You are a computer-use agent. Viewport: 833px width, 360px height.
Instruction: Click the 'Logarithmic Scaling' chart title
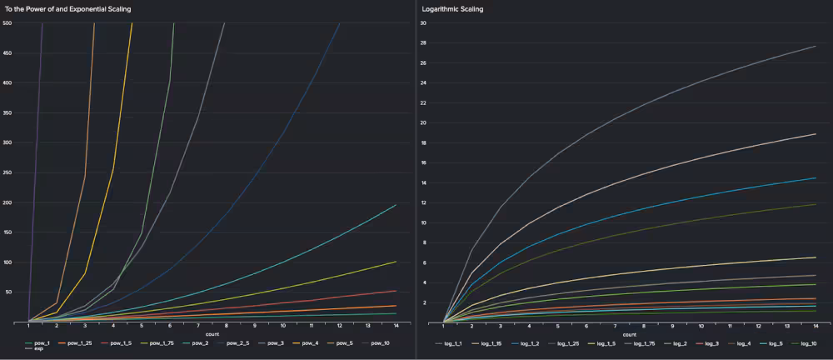(453, 8)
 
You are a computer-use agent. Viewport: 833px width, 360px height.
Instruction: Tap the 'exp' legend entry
(38, 349)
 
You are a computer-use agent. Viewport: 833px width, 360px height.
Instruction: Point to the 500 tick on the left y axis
(7, 22)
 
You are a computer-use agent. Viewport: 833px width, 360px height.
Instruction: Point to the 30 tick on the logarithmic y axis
(423, 22)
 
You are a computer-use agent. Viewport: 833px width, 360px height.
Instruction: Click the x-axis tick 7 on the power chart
(198, 327)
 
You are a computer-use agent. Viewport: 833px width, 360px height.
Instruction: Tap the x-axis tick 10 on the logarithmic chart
(701, 327)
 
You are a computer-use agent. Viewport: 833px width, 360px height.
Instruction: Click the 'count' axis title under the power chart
(212, 334)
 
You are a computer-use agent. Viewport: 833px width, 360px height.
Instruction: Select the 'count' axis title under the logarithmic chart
(630, 334)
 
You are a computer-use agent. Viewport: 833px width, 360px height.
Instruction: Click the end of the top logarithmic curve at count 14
(815, 46)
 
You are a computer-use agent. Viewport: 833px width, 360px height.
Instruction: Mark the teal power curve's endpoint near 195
(396, 205)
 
